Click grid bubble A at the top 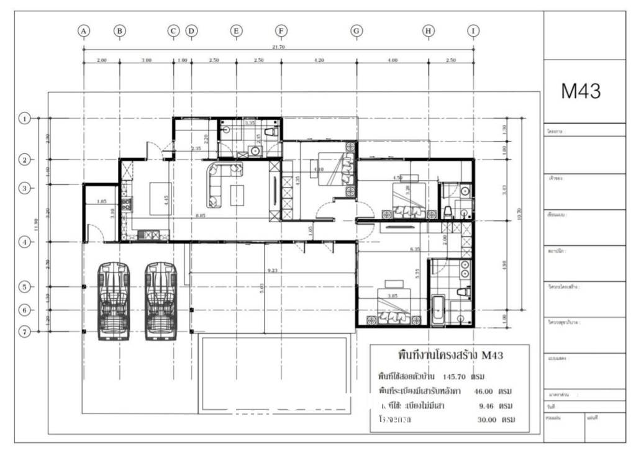[x=84, y=30]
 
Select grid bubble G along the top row [x=357, y=30]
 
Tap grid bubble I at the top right [x=474, y=30]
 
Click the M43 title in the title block [x=581, y=92]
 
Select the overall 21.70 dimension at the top [x=278, y=47]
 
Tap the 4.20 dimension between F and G [x=319, y=60]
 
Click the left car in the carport [x=114, y=301]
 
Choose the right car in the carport [x=161, y=301]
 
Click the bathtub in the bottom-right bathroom [x=437, y=310]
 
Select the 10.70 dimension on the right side [x=519, y=214]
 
